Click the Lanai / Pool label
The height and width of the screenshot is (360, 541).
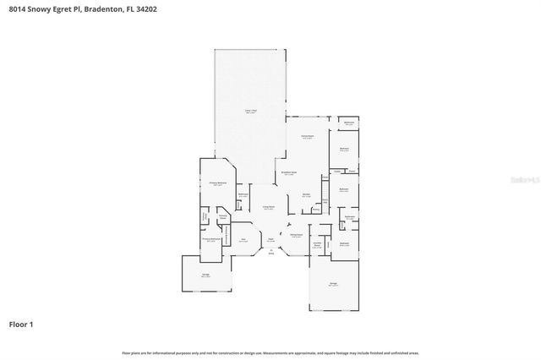[250, 112]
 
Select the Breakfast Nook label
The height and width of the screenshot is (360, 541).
[288, 173]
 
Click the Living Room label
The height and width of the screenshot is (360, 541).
[268, 208]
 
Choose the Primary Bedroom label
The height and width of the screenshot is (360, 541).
[217, 183]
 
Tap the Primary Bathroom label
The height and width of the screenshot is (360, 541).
[211, 239]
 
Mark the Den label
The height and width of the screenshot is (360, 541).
[243, 240]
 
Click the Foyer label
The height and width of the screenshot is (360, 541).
[270, 240]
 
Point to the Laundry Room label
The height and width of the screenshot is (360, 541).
[317, 246]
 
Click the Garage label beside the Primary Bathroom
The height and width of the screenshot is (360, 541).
[205, 275]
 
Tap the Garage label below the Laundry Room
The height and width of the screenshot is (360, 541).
[333, 283]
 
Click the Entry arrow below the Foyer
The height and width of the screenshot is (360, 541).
[271, 250]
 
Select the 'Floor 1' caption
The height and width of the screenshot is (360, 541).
[21, 324]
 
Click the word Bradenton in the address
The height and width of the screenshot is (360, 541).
[114, 9]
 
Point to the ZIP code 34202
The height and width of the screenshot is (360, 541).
[168, 9]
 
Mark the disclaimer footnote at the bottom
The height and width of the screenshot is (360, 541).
[270, 352]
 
